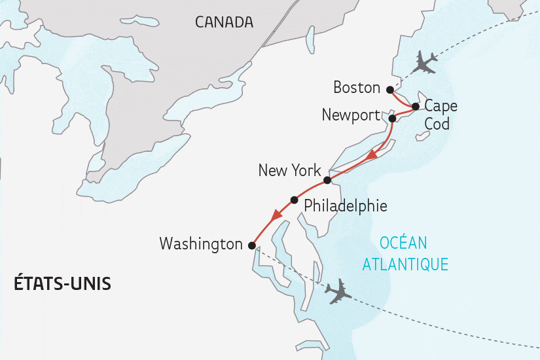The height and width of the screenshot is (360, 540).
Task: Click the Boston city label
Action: point(356,88)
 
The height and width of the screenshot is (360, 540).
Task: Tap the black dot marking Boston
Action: point(390,90)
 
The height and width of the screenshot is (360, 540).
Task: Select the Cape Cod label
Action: point(440,115)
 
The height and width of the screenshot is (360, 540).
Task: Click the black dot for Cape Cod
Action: point(415,106)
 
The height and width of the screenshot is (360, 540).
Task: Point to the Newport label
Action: point(351,115)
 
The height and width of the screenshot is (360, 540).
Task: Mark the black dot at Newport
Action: point(392,118)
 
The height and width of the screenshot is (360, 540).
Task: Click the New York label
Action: point(289,171)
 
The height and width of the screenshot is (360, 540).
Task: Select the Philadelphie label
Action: point(345,206)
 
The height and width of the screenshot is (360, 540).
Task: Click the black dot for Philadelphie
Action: point(294,200)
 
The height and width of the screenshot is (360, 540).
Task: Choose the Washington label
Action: point(201,244)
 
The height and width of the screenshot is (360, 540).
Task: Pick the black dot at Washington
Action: point(251,245)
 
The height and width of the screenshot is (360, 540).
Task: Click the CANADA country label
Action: point(224,22)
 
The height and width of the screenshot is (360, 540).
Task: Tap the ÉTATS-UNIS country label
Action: point(62,284)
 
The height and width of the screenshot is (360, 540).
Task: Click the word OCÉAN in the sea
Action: point(403,243)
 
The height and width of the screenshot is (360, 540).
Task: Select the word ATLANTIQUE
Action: point(405,264)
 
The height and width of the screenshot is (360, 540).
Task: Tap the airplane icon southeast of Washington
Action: point(338,291)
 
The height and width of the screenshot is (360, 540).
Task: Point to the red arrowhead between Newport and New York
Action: point(372,156)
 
